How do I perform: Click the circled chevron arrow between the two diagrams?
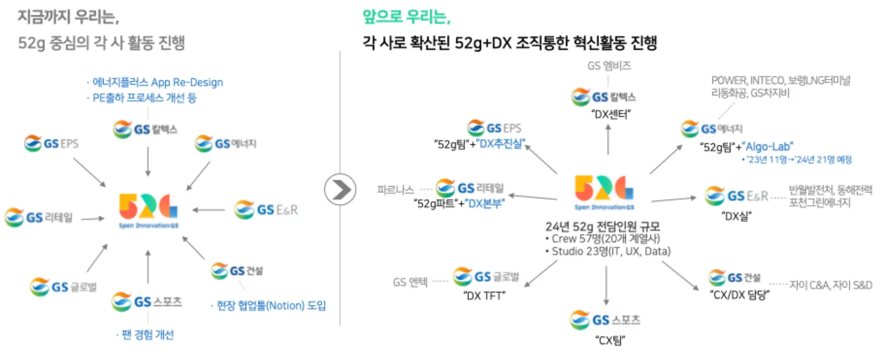coord(340,189)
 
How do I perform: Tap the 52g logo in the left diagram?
coord(148,210)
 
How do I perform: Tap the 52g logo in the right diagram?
coord(604,191)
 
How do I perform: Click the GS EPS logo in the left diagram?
coord(51,143)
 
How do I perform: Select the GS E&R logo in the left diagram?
coord(266,210)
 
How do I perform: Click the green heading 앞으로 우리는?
coord(406,17)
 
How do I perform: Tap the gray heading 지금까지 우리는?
coord(68,17)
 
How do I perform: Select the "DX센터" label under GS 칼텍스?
coord(611,114)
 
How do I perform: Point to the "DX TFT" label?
coord(484,296)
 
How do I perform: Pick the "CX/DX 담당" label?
coord(739,295)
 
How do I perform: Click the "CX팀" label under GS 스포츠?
coord(610,340)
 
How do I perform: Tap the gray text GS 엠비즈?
coord(609,66)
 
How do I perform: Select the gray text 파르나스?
coord(396,189)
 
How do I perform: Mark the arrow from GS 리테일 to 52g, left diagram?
coord(93,218)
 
